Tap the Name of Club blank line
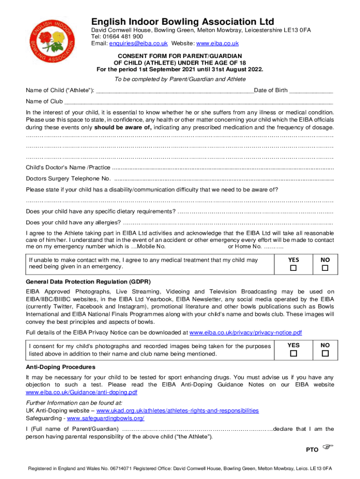click(199, 102)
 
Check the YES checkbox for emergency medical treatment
click(294, 268)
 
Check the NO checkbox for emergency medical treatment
click(325, 268)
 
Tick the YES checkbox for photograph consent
click(294, 354)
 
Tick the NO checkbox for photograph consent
click(325, 354)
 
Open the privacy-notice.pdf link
click(245, 333)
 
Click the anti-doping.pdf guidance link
click(82, 392)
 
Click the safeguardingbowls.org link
click(106, 418)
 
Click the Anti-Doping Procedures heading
click(61, 367)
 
